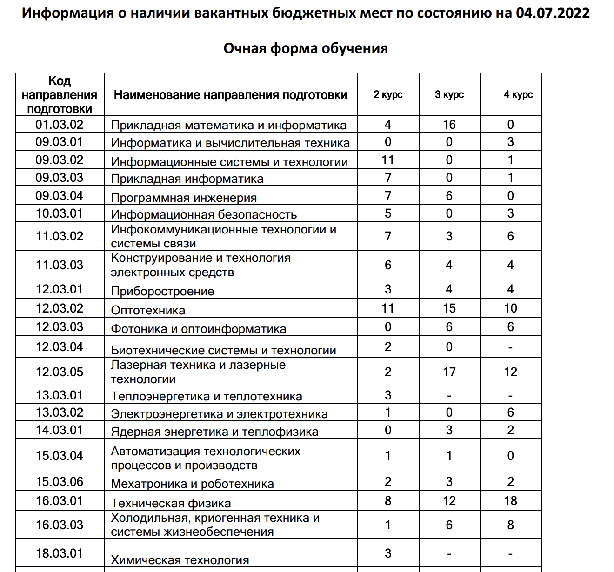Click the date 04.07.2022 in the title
553,13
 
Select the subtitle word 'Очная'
245,48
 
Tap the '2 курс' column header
388,95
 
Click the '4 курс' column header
518,95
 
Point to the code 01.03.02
60,125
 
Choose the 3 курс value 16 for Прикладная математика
449,125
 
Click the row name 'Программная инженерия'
184,198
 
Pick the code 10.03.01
60,213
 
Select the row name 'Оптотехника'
148,310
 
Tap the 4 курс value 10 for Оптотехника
510,308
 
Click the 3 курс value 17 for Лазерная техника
449,372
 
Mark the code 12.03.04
60,347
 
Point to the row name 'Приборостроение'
162,291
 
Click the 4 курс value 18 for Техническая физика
510,501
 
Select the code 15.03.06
60,482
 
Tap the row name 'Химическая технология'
180,560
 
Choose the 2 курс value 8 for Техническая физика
388,501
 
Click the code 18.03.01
60,553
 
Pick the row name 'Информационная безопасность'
204,214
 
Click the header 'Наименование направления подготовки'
231,95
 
